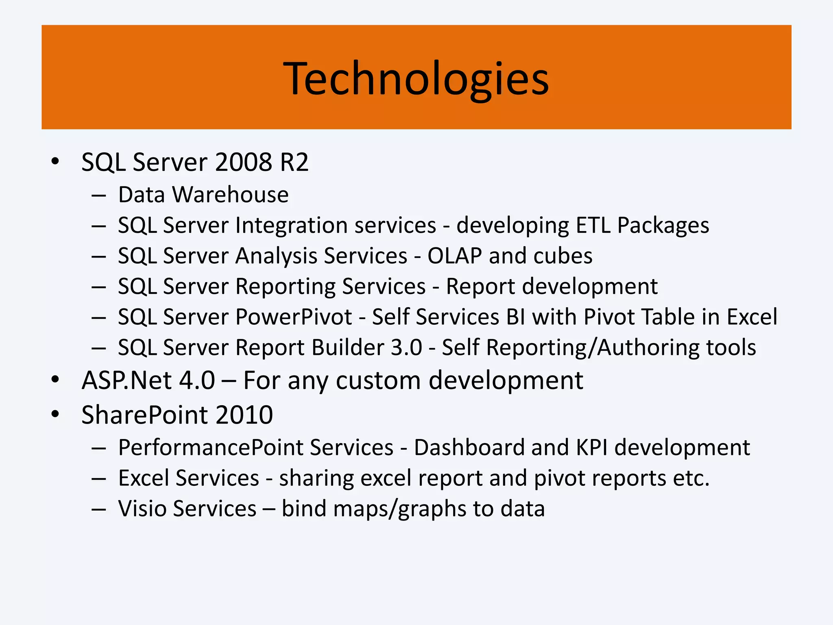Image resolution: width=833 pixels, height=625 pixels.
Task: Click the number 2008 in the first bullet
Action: click(x=243, y=162)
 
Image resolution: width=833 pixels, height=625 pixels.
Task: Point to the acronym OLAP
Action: click(x=454, y=256)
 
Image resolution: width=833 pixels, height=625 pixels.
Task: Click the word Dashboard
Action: click(x=469, y=448)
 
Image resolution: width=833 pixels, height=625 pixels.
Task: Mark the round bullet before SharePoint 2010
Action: click(x=55, y=414)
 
